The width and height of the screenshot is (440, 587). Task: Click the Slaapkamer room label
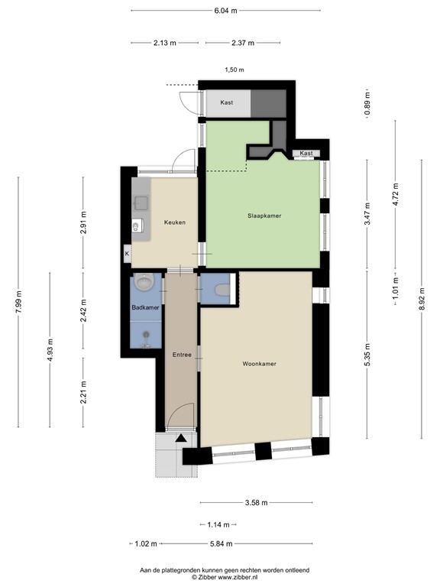(x=264, y=216)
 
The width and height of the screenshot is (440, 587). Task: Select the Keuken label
(x=175, y=222)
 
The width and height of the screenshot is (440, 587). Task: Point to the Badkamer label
(x=145, y=307)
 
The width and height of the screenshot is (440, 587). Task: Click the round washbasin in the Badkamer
(x=143, y=285)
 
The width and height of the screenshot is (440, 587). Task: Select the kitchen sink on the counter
(x=141, y=203)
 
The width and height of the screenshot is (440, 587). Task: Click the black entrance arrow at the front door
(x=180, y=439)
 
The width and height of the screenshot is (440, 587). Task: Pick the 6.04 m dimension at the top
(x=225, y=11)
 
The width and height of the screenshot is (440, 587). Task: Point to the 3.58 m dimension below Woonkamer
(x=256, y=503)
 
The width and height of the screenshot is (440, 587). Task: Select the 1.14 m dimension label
(x=222, y=524)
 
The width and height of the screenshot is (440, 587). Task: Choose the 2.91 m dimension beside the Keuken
(x=84, y=222)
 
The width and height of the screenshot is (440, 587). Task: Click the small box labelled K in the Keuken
(x=127, y=253)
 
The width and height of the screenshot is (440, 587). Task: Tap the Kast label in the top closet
(x=227, y=102)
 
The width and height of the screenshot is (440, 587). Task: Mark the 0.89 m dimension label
(x=367, y=104)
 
